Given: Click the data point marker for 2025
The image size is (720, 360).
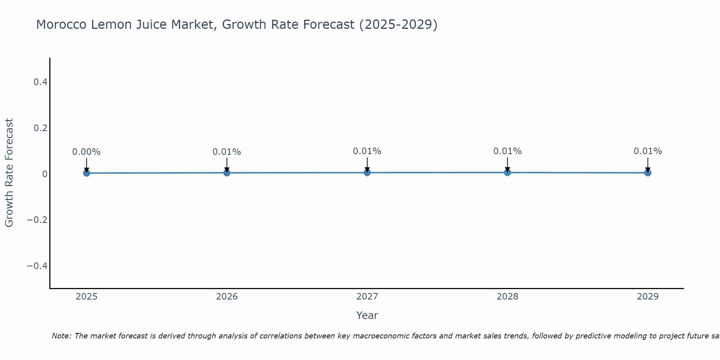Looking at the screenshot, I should tap(86, 173).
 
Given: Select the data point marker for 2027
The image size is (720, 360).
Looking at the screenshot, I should tap(367, 172).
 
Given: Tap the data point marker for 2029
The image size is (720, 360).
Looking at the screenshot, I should tap(648, 173).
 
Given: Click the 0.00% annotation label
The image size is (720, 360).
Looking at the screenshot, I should tap(86, 152).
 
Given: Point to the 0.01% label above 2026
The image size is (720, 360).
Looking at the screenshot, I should tap(227, 152).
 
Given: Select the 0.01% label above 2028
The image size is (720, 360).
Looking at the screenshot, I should tap(507, 151).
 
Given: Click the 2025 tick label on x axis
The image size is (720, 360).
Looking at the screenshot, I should tap(86, 297).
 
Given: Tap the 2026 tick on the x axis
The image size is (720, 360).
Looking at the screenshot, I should tap(227, 297).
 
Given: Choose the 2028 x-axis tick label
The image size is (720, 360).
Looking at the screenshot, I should tap(507, 297).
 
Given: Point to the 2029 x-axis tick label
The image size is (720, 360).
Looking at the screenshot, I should tap(648, 297).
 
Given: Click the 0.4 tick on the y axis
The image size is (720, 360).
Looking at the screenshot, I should tap(40, 82).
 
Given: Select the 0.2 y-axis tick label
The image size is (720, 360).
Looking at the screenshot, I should tap(40, 128).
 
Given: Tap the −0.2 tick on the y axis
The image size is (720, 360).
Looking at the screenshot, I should tap(37, 220).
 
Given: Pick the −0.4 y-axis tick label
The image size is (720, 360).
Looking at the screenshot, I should tap(37, 266).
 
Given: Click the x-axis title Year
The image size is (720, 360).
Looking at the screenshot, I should tap(367, 315).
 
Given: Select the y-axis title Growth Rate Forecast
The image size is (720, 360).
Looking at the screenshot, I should tap(9, 173).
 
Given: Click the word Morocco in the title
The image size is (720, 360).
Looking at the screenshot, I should tap(61, 24).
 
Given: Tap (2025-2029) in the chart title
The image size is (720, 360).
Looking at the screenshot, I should tap(398, 24).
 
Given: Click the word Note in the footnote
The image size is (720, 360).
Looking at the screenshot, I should tap(62, 336).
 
